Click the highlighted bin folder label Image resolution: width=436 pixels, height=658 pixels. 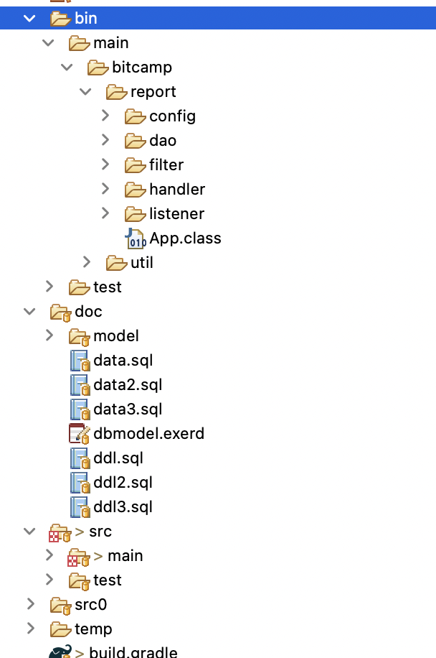coord(85,18)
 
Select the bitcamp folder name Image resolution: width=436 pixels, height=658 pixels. coord(141,68)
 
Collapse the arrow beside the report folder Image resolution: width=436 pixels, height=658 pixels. coord(86,92)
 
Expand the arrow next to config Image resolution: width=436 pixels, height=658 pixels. coord(105,116)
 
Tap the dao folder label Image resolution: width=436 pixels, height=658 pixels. coord(163,141)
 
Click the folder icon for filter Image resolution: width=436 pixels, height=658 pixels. coord(135,165)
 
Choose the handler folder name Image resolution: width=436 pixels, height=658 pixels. coord(177,190)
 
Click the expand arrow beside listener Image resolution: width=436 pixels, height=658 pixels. coord(105,213)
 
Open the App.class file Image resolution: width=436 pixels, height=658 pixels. coord(185,238)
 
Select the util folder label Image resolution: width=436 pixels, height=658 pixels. coord(142,263)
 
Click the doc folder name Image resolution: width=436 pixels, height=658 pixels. coord(88,312)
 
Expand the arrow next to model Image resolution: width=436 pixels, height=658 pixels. coord(49,335)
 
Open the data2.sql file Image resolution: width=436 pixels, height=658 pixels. coord(128,385)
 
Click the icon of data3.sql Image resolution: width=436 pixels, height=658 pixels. coord(79,409)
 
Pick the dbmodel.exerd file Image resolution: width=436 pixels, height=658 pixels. coord(148,434)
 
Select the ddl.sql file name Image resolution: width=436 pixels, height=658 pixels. coord(118,458)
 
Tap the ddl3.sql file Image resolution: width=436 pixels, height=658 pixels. coord(123,507)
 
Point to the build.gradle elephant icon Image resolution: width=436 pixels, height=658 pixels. coord(60,652)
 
